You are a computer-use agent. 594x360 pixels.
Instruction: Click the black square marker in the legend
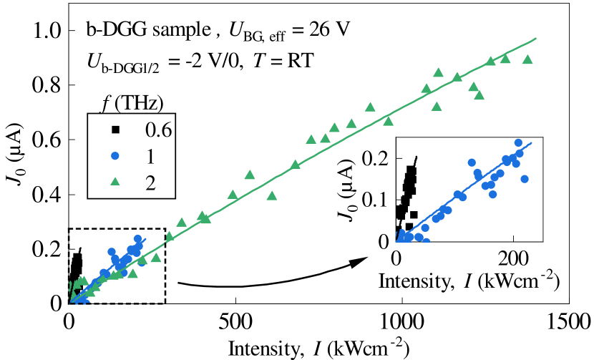click(115, 130)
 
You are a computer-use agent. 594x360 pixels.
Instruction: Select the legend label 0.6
click(158, 130)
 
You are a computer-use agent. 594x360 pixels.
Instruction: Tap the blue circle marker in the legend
click(115, 156)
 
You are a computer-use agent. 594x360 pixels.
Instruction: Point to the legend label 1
click(150, 156)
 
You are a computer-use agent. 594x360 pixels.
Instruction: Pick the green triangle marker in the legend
click(115, 182)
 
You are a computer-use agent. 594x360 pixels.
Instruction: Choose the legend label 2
click(150, 183)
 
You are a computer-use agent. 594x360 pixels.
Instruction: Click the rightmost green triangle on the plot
click(527, 59)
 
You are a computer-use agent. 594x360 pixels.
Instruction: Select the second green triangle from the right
click(505, 59)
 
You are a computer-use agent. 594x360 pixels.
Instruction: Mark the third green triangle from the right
click(490, 61)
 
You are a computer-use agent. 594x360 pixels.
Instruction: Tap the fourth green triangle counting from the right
click(479, 95)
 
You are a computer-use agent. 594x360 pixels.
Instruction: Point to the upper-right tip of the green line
click(536, 38)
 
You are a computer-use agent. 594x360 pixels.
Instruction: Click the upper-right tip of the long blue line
click(531, 143)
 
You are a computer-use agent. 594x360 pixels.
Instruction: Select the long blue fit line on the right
click(465, 190)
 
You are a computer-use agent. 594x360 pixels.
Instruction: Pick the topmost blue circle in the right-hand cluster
click(518, 142)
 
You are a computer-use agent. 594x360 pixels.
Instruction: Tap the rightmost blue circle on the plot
click(525, 179)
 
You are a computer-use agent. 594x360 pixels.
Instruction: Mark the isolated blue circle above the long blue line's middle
click(472, 162)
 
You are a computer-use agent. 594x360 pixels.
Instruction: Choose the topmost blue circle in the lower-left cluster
click(137, 239)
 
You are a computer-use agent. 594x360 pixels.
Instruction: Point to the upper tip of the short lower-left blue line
click(145, 238)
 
